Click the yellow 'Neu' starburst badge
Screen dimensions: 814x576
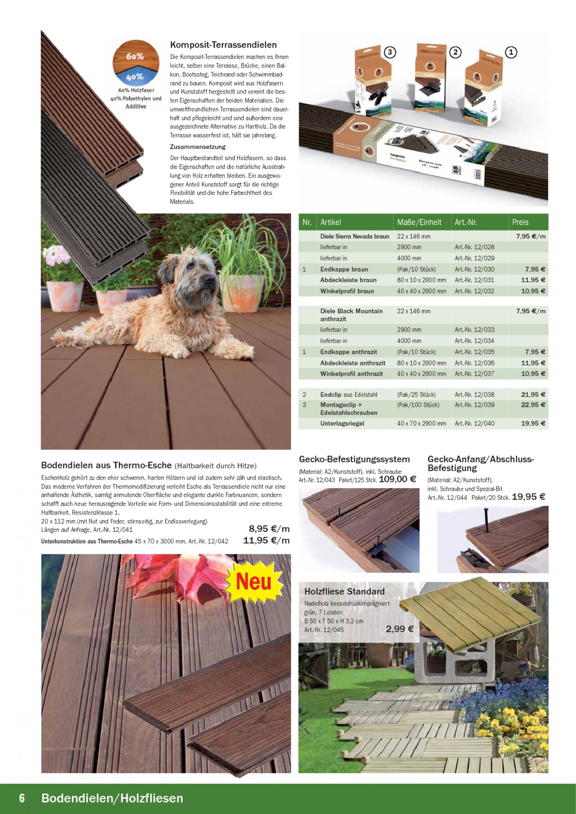tap(254, 582)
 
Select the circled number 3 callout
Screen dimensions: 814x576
tap(390, 52)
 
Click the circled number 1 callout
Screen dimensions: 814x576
tap(511, 52)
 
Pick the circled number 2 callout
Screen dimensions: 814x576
tap(455, 52)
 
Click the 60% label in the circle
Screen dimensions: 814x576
tap(135, 56)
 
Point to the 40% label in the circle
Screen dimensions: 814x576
tap(135, 77)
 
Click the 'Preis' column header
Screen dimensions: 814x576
tap(520, 222)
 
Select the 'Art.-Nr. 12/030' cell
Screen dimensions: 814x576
tap(474, 269)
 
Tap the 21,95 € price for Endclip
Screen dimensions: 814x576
tap(533, 395)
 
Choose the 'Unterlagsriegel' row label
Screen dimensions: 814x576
tap(342, 423)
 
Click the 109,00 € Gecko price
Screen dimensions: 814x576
tap(397, 479)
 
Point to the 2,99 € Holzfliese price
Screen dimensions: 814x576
tap(399, 629)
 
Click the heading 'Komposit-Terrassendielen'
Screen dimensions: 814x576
tap(223, 45)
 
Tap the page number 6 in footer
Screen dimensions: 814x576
tap(22, 798)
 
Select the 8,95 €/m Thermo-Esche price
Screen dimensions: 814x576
tap(269, 529)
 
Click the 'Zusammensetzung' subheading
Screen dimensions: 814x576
tap(198, 147)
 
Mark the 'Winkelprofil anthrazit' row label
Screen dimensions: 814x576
tap(351, 374)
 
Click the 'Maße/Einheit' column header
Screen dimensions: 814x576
tap(419, 222)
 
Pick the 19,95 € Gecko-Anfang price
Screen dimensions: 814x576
tap(528, 497)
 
